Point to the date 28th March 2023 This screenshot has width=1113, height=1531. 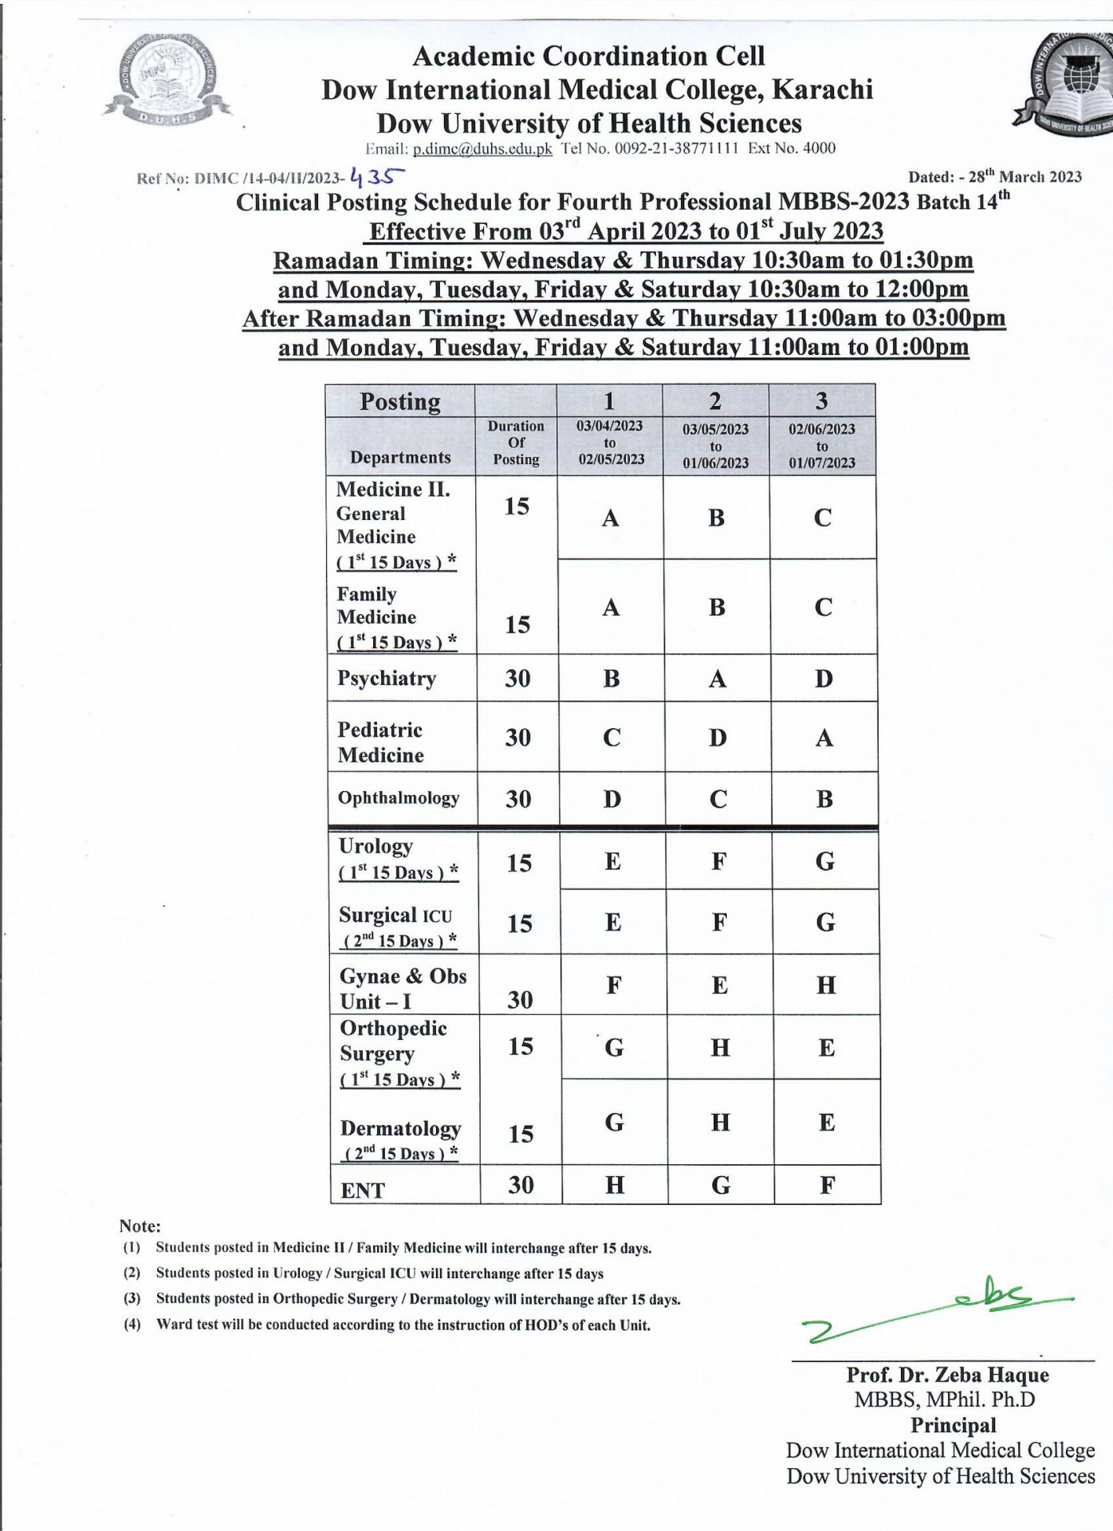[1025, 177]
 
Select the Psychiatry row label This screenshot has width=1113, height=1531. [387, 679]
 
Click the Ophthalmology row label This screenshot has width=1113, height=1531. [399, 798]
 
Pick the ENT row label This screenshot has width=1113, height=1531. [363, 1190]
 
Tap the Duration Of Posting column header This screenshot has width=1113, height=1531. [516, 443]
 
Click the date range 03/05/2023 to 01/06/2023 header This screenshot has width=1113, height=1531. [715, 446]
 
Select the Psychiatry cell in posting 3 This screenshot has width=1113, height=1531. [824, 679]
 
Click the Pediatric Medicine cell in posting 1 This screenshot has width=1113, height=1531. [612, 738]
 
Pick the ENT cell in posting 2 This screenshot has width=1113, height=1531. [720, 1185]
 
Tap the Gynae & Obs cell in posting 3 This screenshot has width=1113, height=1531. [826, 986]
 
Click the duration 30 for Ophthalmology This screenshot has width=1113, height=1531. [518, 799]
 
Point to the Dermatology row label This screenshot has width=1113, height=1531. [400, 1129]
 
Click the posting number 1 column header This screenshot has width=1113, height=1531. [609, 400]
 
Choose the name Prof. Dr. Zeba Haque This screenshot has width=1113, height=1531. [947, 1375]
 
